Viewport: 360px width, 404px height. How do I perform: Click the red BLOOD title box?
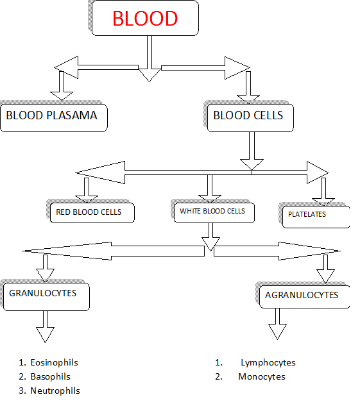click(145, 18)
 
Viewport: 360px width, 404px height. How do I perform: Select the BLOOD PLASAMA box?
click(54, 118)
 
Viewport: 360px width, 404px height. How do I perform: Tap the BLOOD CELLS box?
click(250, 118)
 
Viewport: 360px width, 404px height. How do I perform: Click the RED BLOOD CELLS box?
click(92, 213)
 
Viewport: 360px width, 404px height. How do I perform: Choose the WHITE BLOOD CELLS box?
click(214, 213)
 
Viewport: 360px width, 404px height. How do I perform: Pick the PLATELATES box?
click(316, 217)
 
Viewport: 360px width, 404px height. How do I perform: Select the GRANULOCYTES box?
click(46, 297)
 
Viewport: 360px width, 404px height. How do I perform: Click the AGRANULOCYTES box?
click(305, 297)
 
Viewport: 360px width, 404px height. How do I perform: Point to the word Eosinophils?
click(54, 362)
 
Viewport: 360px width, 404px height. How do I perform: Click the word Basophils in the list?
click(50, 376)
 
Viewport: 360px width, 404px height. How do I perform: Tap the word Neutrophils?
click(55, 391)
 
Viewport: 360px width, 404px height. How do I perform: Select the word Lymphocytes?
click(268, 363)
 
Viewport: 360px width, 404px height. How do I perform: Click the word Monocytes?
click(262, 376)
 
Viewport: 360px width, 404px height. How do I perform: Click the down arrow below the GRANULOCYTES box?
click(45, 326)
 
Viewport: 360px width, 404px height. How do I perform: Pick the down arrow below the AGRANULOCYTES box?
click(277, 324)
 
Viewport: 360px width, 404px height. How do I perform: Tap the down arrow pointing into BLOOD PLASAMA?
click(62, 85)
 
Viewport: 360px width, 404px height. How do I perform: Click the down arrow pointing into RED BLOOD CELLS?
click(87, 190)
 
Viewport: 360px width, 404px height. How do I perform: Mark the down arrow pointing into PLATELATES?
click(323, 191)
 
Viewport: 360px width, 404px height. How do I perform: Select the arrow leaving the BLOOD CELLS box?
click(252, 151)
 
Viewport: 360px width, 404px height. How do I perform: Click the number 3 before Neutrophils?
click(22, 391)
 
